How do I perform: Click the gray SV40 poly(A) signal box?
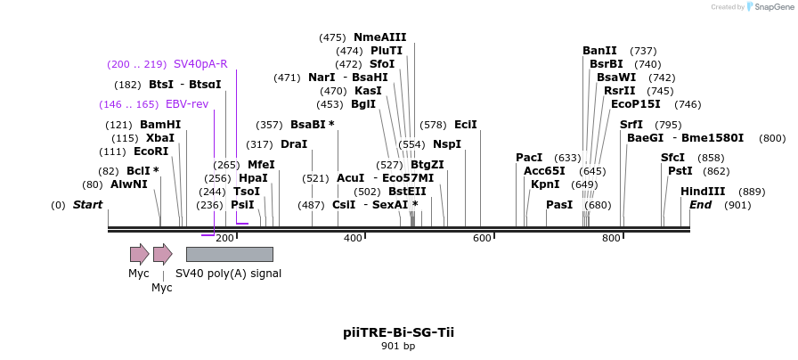[x=229, y=254]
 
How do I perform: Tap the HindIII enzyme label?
[x=703, y=192]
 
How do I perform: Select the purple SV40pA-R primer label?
[x=200, y=64]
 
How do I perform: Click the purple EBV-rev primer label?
[x=187, y=104]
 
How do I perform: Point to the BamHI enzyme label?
[x=160, y=125]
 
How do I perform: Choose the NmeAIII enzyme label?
[x=379, y=37]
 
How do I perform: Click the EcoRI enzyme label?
[x=151, y=151]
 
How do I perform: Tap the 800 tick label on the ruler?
[x=611, y=238]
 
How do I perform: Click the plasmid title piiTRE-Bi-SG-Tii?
[x=398, y=331]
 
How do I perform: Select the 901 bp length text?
[x=398, y=346]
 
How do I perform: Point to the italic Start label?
[x=87, y=205]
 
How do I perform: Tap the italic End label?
[x=701, y=205]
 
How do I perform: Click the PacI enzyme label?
[x=529, y=158]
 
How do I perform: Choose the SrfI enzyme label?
[x=631, y=125]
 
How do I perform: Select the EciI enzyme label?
[x=466, y=125]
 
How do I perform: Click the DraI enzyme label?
[x=294, y=144]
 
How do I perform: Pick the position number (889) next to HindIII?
[x=752, y=192]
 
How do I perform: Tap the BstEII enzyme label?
[x=407, y=192]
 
